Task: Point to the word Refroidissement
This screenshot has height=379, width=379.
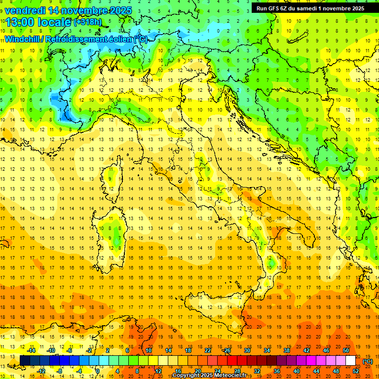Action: [77, 39]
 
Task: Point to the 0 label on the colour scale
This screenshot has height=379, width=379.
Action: [98, 371]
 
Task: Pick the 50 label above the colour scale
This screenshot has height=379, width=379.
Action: [346, 350]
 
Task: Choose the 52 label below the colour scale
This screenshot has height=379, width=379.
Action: [356, 371]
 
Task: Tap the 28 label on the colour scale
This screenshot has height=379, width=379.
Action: [237, 371]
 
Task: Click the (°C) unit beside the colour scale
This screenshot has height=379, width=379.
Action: [368, 361]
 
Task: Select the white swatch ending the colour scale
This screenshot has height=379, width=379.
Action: [351, 361]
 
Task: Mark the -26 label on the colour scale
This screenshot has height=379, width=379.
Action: [227, 350]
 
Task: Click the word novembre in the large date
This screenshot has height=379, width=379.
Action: [87, 10]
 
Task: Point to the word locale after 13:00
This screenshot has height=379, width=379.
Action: [55, 22]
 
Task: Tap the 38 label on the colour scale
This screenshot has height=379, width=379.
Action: [286, 350]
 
